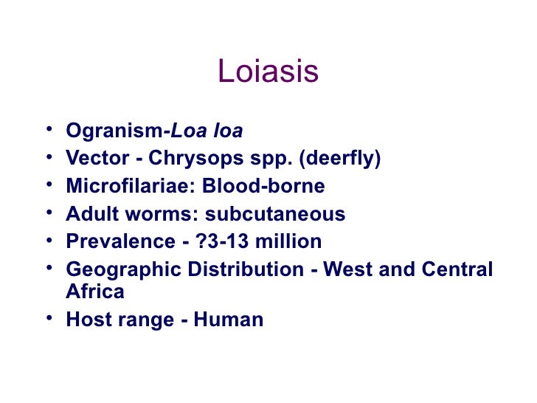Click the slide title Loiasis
point(268,72)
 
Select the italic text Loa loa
point(207,131)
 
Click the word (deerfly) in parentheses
point(343,159)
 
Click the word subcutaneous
point(275,214)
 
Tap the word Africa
point(94,292)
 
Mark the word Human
point(228,320)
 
